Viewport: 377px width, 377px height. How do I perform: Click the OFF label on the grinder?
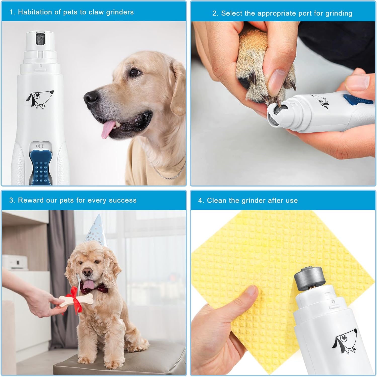pyautogui.click(x=40, y=146)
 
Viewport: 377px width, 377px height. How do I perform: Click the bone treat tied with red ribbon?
pyautogui.click(x=75, y=300)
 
